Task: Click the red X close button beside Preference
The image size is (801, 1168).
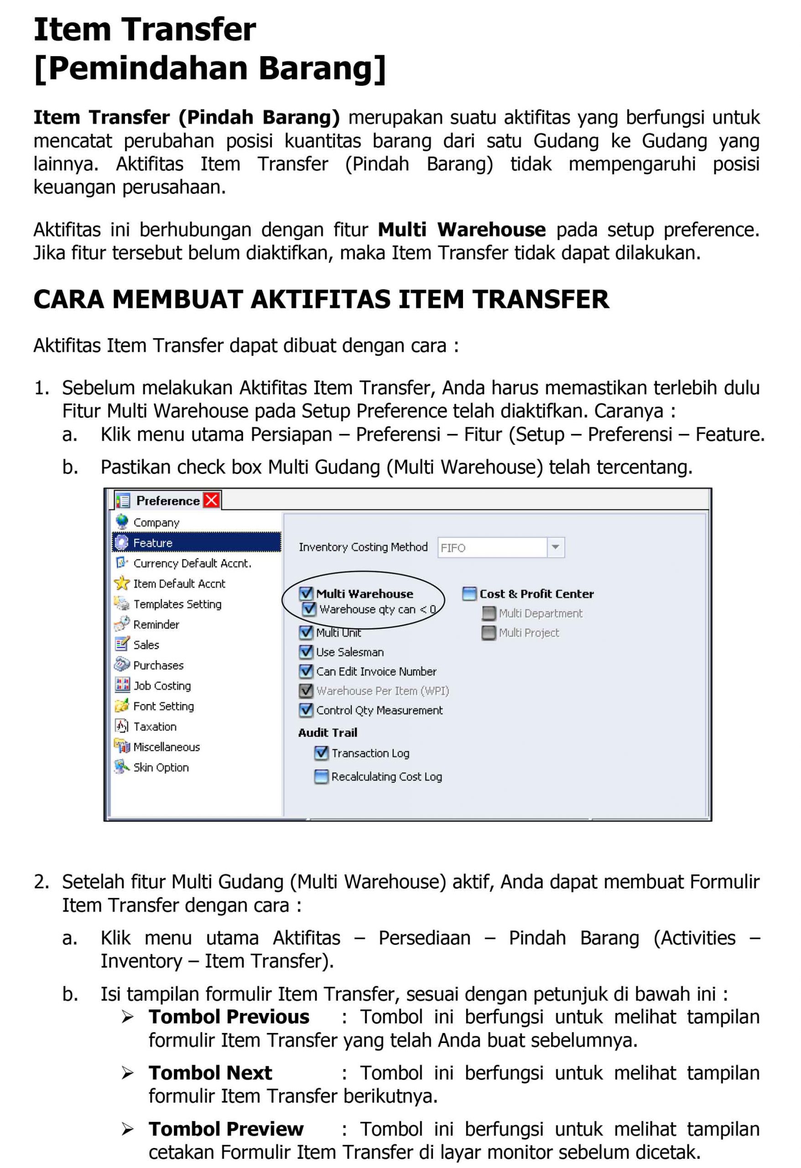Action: pyautogui.click(x=212, y=500)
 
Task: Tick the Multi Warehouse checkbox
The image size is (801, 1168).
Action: pyautogui.click(x=306, y=594)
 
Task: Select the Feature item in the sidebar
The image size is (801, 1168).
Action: pyautogui.click(x=153, y=543)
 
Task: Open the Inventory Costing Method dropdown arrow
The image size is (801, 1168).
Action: pyautogui.click(x=555, y=547)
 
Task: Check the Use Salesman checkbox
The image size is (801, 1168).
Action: pyautogui.click(x=306, y=652)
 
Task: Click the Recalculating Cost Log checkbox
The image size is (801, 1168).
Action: pyautogui.click(x=321, y=777)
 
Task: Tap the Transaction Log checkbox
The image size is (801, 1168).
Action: pyautogui.click(x=321, y=753)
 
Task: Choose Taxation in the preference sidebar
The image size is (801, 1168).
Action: pyautogui.click(x=155, y=726)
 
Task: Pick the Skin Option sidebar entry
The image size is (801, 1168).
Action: pyautogui.click(x=161, y=767)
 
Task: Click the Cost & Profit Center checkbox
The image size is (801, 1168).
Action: pyautogui.click(x=469, y=594)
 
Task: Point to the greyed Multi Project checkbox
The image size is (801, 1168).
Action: pyautogui.click(x=489, y=633)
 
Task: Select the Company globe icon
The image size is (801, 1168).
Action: pyautogui.click(x=122, y=521)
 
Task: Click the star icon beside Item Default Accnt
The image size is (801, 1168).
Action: pyautogui.click(x=122, y=583)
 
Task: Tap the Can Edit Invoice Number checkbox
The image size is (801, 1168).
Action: pyautogui.click(x=306, y=671)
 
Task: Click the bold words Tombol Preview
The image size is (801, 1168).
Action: pyautogui.click(x=226, y=1129)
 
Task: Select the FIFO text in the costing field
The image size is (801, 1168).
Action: pyautogui.click(x=453, y=548)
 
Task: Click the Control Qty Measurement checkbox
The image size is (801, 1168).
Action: pyautogui.click(x=306, y=710)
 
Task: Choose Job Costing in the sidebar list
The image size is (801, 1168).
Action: pyautogui.click(x=162, y=686)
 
